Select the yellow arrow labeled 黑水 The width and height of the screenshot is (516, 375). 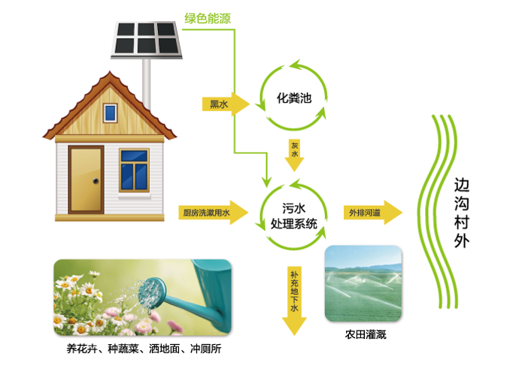tap(224, 104)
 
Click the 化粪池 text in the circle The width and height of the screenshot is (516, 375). tap(293, 98)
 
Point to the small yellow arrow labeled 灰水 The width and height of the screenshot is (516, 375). tap(294, 153)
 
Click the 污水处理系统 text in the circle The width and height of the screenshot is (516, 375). tap(293, 216)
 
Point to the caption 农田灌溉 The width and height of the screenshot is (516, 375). tap(365, 334)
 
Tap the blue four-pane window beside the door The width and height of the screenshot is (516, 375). tap(134, 170)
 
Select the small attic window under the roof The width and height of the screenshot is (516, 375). tap(111, 113)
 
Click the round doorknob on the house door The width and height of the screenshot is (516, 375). tap(96, 181)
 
